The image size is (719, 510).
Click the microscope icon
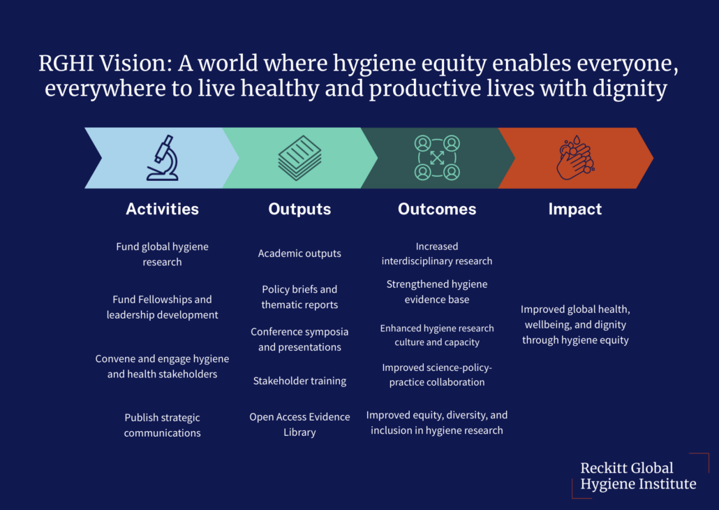(162, 158)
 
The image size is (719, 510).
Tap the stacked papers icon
(299, 158)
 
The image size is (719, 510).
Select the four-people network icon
(437, 158)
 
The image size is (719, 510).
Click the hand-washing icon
(575, 158)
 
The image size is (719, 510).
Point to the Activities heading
(162, 209)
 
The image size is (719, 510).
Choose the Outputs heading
(299, 209)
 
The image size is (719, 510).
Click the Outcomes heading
(437, 209)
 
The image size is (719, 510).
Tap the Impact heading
(575, 209)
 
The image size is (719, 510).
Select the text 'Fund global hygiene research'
(162, 254)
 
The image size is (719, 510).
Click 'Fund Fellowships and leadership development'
(162, 307)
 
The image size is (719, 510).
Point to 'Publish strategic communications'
(162, 425)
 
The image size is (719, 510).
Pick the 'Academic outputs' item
(299, 254)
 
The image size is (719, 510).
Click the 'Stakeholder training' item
(299, 381)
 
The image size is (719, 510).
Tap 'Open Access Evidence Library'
(299, 425)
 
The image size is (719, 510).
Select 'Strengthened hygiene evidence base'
(437, 292)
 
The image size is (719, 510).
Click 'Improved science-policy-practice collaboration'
(437, 374)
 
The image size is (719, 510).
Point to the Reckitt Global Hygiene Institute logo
(638, 476)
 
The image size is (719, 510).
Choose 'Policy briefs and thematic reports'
(299, 297)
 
